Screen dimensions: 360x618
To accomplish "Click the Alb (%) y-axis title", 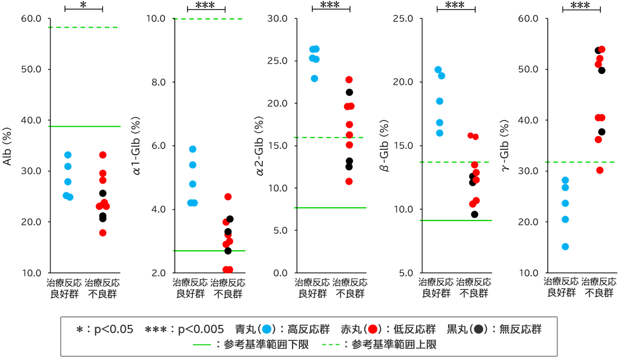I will [x=7, y=146].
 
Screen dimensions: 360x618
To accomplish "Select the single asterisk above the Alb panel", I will [x=83, y=5].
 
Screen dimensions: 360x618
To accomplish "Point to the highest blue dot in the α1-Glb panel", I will [x=193, y=149].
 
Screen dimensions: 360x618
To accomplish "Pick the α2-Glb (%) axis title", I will [x=259, y=146].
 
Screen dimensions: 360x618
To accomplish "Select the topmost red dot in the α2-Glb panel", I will [x=349, y=80].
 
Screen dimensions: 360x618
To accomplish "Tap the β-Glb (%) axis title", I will [x=384, y=146].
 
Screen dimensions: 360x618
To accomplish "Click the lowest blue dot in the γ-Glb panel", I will [x=565, y=247].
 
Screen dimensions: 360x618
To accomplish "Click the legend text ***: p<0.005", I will [x=180, y=330].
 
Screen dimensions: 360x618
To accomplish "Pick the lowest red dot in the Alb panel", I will [x=102, y=233].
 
